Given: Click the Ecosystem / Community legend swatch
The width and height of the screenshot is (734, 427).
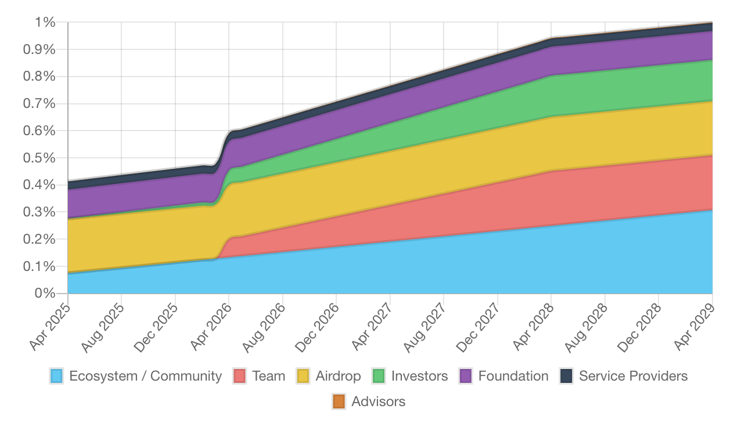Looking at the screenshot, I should coord(57,376).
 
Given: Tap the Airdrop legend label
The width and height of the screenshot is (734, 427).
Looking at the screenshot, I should coord(338,376).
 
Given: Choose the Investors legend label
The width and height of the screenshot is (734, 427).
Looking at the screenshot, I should coord(419,376).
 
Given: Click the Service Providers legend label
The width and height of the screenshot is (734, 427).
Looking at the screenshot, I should coord(633,376).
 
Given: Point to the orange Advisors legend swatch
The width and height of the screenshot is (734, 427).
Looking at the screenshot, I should coord(339,401).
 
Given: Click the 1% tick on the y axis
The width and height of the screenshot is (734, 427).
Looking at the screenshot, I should coord(45,23).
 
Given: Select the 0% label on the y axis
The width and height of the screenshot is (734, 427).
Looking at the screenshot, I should coord(45,294).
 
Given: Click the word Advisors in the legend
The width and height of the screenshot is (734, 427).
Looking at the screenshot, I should coord(378,401).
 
